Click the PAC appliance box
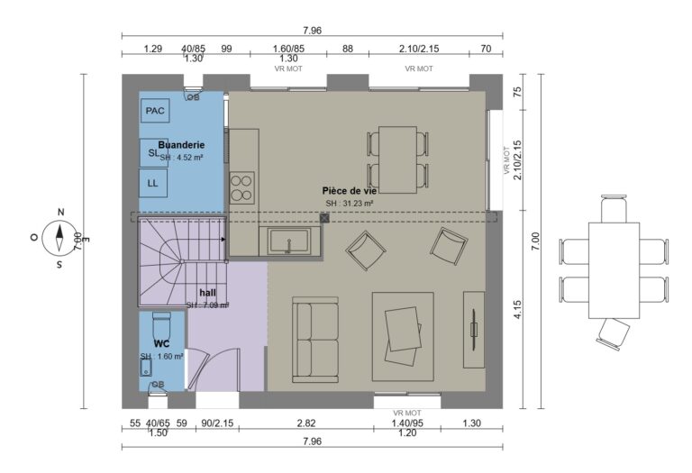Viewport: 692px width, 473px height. [155, 111]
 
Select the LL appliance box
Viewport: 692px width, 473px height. [153, 183]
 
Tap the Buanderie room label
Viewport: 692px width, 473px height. [181, 144]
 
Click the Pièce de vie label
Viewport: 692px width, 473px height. [348, 191]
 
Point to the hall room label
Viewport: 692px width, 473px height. [208, 293]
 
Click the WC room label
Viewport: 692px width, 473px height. [162, 343]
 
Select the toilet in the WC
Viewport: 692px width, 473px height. [162, 323]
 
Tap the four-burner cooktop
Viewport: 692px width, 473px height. [241, 186]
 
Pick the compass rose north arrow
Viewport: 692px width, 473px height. [59, 238]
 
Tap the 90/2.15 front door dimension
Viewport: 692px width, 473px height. [216, 423]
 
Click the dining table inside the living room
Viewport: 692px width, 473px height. [396, 159]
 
